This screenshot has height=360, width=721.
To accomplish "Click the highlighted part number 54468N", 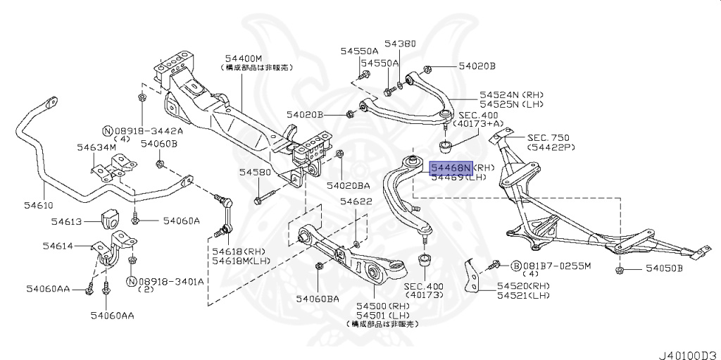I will (x=451, y=168).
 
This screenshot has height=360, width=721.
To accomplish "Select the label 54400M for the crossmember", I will (x=244, y=58).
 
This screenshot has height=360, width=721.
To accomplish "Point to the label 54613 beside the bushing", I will (x=68, y=221).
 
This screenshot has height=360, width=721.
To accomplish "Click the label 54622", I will (x=356, y=201).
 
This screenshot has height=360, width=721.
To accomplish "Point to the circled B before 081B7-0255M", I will (x=515, y=266).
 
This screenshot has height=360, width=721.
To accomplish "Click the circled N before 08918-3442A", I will (x=107, y=131).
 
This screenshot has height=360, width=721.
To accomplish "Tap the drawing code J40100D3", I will (x=688, y=352).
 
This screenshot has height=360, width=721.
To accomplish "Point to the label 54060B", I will (x=158, y=144).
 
